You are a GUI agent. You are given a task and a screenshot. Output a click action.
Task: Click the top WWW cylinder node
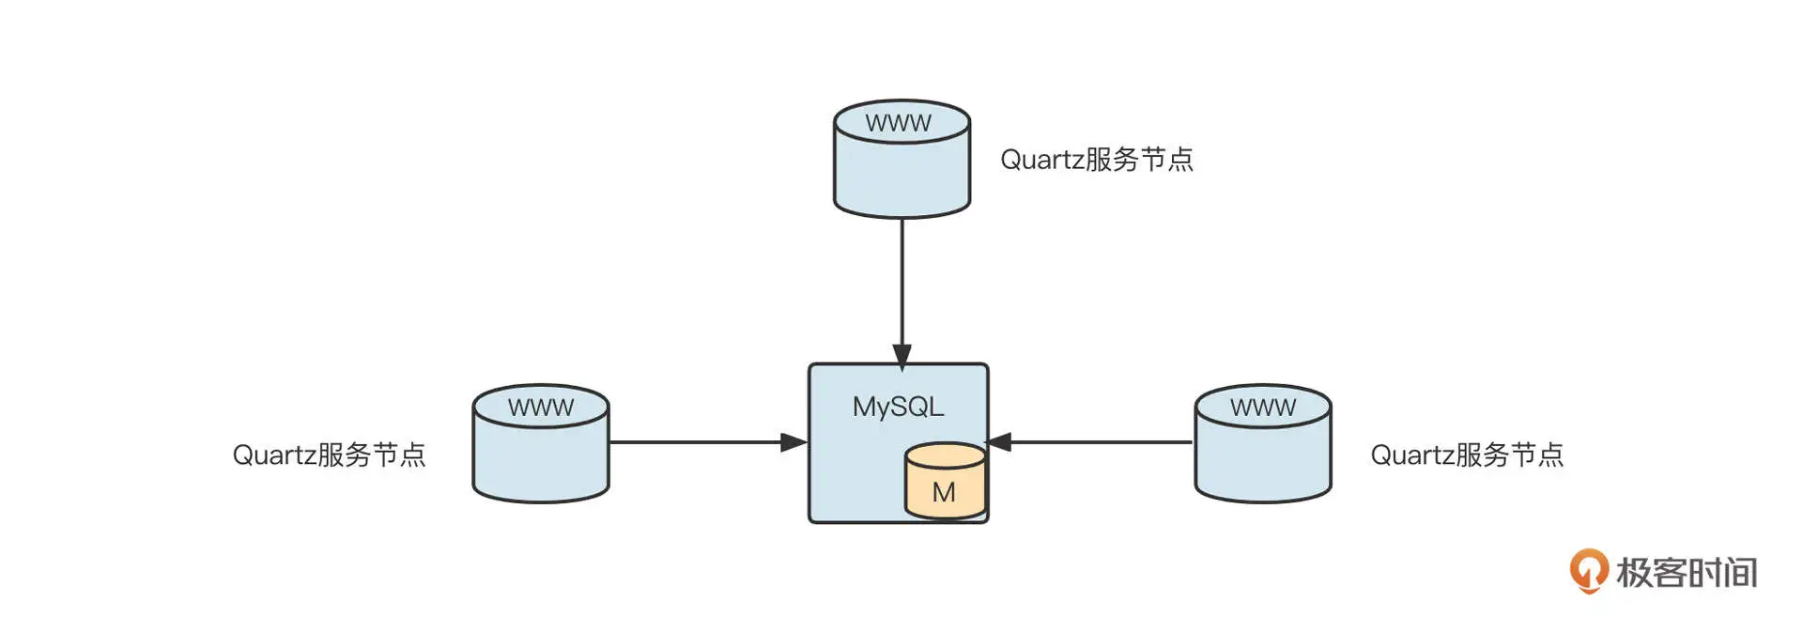[x=901, y=169]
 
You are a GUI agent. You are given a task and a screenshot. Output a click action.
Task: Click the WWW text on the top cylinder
[x=899, y=123]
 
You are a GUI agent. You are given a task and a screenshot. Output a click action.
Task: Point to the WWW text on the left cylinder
[x=541, y=408]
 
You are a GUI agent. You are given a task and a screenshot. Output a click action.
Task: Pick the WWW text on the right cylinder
[x=1263, y=408]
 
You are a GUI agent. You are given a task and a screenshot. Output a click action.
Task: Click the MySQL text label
[x=898, y=407]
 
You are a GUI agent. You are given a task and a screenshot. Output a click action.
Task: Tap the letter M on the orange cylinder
[x=944, y=492]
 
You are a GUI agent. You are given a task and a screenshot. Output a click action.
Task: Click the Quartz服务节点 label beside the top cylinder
[x=1096, y=160]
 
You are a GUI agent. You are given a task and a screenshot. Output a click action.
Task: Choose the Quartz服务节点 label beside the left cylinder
[x=329, y=455]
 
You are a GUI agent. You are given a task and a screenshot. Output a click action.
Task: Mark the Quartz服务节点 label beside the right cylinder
[x=1467, y=455]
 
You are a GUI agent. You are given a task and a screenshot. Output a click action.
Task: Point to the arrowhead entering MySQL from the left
[x=794, y=442]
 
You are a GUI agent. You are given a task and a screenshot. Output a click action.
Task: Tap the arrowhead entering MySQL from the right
[x=999, y=442]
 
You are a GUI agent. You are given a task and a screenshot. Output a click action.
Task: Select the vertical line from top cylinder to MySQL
[x=901, y=282]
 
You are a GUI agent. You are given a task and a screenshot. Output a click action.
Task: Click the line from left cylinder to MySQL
[x=695, y=442]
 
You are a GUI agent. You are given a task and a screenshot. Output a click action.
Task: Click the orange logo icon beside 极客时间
[x=1588, y=570]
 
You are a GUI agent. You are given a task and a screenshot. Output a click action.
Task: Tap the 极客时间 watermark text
[x=1686, y=572]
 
